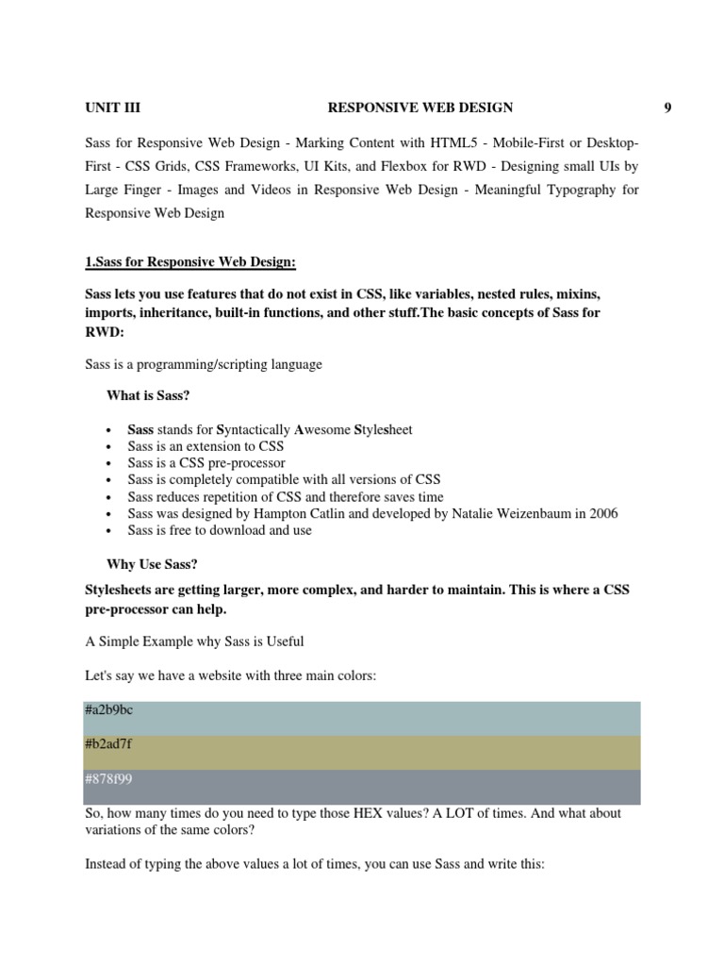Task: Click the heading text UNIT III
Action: coord(112,108)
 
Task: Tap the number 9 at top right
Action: coord(667,108)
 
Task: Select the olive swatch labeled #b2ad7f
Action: coord(362,753)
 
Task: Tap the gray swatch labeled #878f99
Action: coord(362,787)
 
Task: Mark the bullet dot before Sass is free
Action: coord(111,531)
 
